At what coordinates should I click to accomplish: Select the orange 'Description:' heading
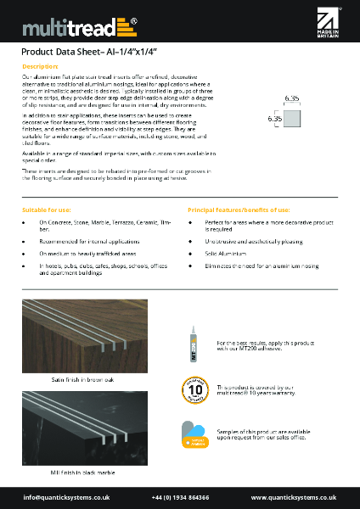(40, 65)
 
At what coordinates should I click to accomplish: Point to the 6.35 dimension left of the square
(275, 119)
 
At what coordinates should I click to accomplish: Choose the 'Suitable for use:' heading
(47, 209)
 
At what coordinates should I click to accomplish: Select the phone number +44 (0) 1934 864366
(180, 496)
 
